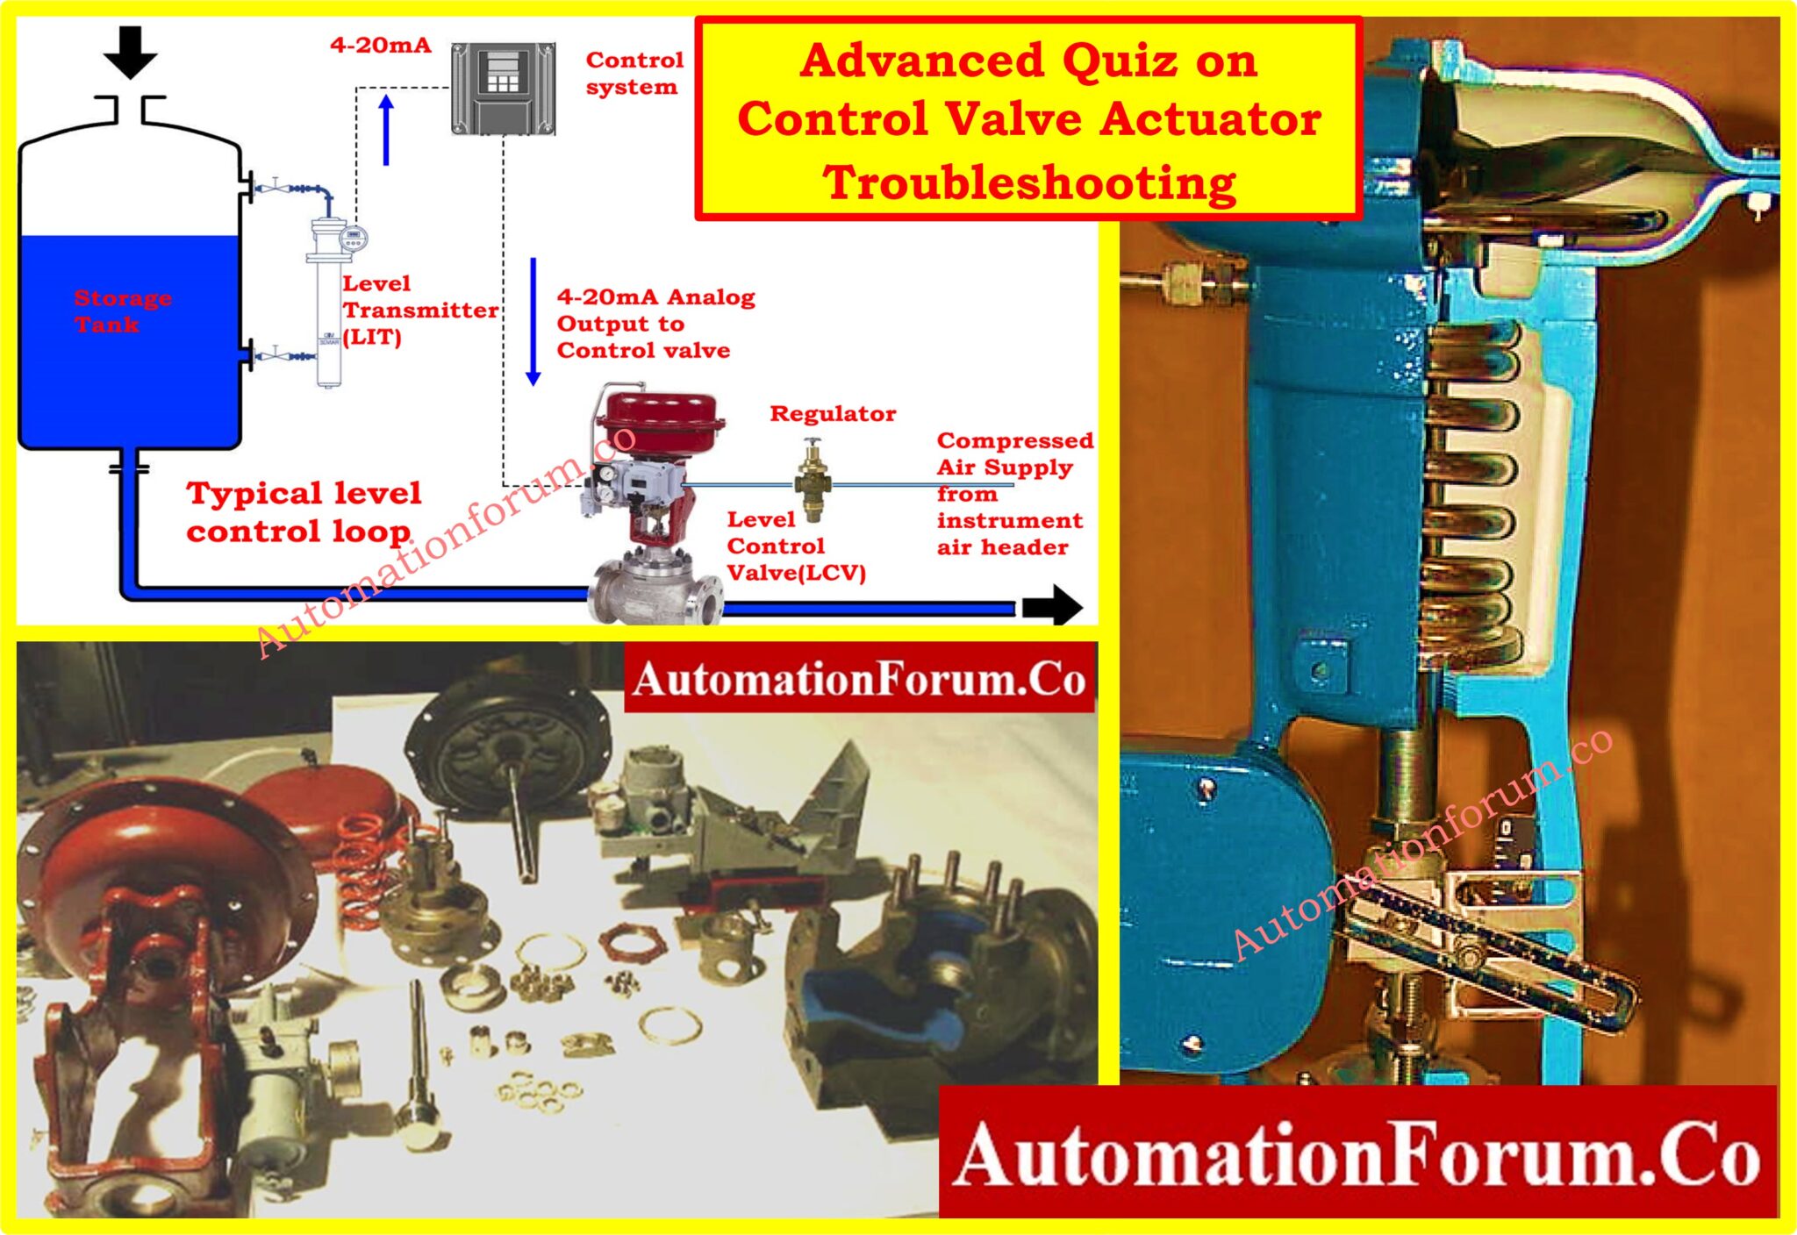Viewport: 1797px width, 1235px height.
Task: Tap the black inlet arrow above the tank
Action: tap(130, 51)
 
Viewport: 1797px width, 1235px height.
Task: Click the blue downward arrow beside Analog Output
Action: tap(533, 321)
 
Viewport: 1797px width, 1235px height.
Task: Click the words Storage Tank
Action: tap(122, 311)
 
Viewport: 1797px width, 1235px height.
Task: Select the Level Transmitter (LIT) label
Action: tap(419, 310)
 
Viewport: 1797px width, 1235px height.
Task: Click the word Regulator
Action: tap(833, 413)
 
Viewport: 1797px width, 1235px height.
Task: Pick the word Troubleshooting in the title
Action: tap(1029, 182)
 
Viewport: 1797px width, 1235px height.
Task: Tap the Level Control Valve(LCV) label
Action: tap(795, 546)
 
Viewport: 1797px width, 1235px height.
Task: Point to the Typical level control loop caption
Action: tap(303, 512)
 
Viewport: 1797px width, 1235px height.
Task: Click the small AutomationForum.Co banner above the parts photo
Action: tap(859, 679)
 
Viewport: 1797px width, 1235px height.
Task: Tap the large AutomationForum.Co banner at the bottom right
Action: tap(1357, 1153)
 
